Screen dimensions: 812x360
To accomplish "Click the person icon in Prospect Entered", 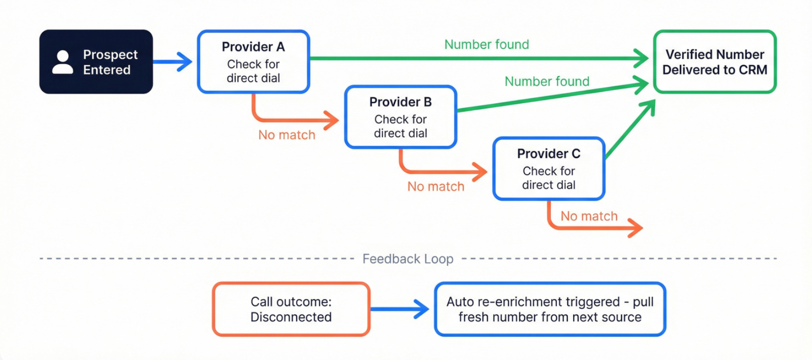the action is coord(63,62).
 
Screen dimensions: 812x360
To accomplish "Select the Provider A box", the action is coord(253,62).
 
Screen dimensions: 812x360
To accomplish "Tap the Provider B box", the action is coord(400,117).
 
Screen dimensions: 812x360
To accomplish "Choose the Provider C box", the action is coord(549,168).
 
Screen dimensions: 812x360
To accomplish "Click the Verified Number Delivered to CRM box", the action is coord(715,62).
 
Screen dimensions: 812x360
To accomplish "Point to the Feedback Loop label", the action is coord(408,259).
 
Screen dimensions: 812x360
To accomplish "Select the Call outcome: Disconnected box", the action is coord(291,309).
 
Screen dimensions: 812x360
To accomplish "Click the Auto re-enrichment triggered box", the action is coord(550,309).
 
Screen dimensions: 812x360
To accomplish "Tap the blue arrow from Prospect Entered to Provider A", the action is coord(173,62).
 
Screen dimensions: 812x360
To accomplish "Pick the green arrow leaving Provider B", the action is coord(553,96).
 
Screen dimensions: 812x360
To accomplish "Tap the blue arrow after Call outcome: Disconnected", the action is coord(399,309).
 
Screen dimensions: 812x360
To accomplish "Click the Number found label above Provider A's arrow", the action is coord(486,45).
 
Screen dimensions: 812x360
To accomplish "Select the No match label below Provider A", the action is coord(287,135).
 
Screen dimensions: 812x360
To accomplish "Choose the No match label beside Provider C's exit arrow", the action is coord(589,216).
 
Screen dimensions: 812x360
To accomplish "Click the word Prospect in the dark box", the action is coord(110,55).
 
